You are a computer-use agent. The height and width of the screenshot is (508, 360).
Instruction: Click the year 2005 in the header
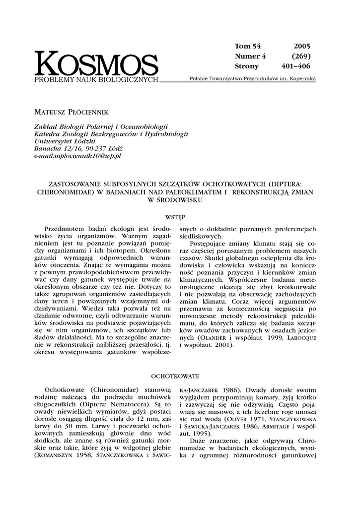coord(301,46)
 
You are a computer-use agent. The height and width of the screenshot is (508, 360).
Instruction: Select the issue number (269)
coord(301,56)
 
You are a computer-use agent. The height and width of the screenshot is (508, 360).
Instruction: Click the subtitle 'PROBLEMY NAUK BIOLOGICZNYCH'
coord(96,79)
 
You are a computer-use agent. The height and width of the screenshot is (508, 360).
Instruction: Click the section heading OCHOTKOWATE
coord(175,376)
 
